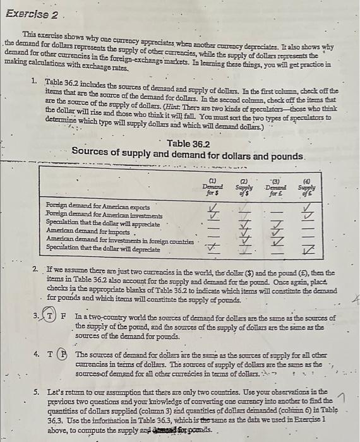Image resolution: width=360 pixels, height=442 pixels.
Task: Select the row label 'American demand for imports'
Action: (79, 223)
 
